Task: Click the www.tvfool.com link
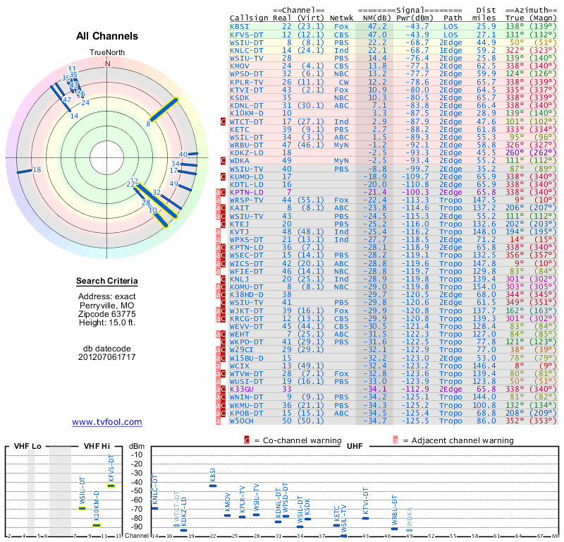[107, 422]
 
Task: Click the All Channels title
[107, 36]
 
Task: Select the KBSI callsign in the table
[239, 25]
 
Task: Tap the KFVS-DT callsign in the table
[247, 34]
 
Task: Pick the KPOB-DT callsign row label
[247, 412]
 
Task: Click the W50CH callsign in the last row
[243, 421]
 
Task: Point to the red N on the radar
[108, 63]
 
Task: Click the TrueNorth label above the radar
[108, 53]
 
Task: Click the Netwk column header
[343, 18]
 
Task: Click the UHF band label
[355, 446]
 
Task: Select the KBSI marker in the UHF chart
[213, 486]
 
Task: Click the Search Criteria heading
[107, 282]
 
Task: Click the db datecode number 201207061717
[107, 357]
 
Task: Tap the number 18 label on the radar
[37, 170]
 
